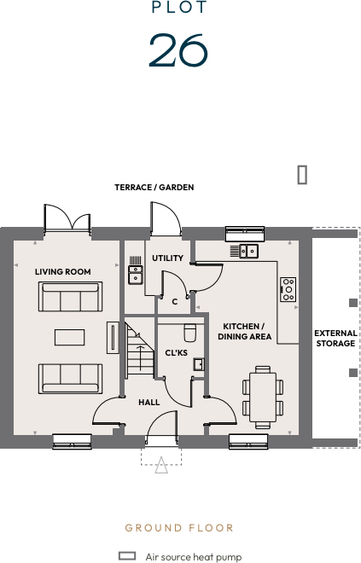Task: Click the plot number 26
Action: point(178,50)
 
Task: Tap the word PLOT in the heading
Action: point(178,8)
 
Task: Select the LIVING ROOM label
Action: point(62,272)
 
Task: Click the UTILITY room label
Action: point(167,258)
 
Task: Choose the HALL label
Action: point(148,403)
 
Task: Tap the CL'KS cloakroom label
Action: point(176,352)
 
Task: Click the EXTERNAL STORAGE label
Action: point(335,339)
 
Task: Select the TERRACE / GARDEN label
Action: point(154,187)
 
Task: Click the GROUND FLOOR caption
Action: point(179,528)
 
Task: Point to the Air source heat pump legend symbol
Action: point(127,555)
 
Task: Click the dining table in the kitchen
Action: point(263,396)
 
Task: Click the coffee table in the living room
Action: point(69,337)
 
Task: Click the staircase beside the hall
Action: point(138,348)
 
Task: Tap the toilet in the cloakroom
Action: point(190,330)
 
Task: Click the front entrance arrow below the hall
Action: point(161,464)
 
